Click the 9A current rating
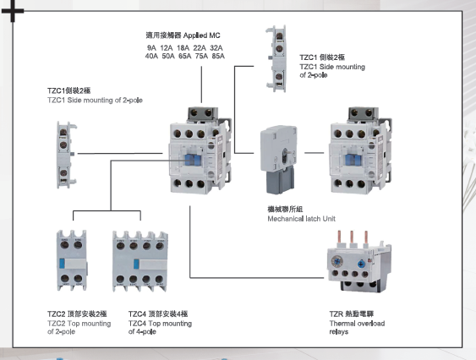click(151, 48)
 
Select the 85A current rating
click(218, 56)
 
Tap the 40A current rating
click(151, 56)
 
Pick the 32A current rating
click(216, 48)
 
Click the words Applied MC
click(201, 35)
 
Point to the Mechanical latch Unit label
click(302, 219)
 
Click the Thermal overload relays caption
click(357, 328)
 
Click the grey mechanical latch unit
click(279, 159)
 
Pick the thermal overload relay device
click(359, 262)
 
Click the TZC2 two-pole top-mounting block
click(72, 260)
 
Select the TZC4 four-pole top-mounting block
click(140, 262)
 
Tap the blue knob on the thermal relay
click(361, 264)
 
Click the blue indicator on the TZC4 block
click(136, 264)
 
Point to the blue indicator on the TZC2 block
click(62, 264)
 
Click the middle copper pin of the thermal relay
click(352, 237)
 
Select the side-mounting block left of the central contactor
click(66, 155)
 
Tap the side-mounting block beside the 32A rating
click(276, 58)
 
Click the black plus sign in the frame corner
click(13, 12)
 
